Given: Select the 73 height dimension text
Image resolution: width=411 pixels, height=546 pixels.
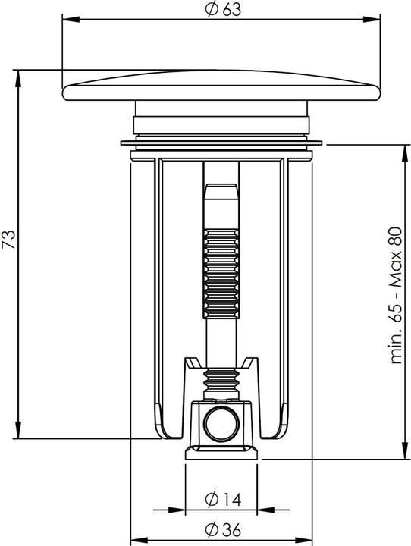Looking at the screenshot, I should point(10,240).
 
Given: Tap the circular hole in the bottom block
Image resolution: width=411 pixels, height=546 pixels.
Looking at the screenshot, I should point(221,421).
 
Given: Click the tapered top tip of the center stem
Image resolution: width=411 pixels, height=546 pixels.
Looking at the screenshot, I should point(221,190).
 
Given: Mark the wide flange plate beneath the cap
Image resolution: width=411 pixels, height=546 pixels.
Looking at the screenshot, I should point(221,143).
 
